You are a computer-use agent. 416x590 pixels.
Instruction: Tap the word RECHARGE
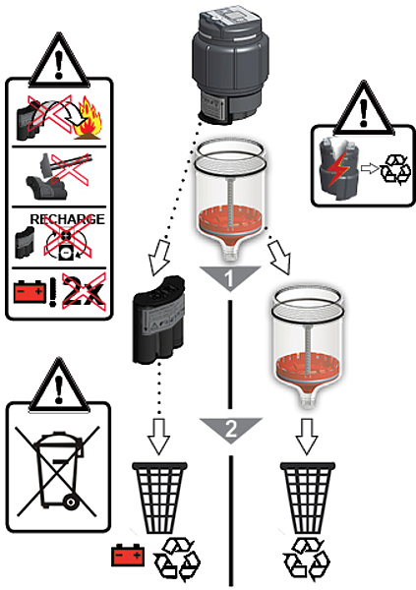coord(68,219)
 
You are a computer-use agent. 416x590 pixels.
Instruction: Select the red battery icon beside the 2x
coord(30,292)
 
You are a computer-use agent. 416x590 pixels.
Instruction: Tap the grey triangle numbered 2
coord(230,429)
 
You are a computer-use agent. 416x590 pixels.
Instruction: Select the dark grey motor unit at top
coord(230,63)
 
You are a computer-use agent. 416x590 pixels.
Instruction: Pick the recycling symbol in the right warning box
coord(395,170)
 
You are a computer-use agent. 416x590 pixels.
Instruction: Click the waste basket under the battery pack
coord(159,498)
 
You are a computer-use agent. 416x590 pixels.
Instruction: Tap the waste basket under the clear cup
coord(308,498)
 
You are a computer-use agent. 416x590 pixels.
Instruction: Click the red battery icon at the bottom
coord(128,556)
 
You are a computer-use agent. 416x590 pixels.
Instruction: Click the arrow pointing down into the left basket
coord(159,436)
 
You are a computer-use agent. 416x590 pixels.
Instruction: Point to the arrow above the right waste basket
coord(307,436)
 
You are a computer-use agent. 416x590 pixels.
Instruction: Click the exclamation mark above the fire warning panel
coord(58,65)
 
